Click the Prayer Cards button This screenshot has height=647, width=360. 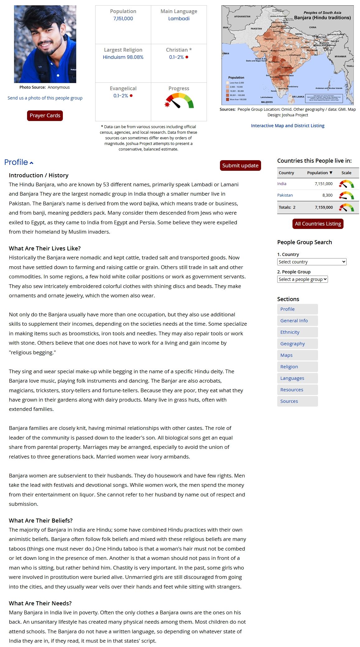point(45,115)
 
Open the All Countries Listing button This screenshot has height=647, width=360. point(318,224)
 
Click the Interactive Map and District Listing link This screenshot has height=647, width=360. point(288,126)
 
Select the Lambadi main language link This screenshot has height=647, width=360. point(179,19)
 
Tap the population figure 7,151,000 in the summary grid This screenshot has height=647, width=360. point(123,19)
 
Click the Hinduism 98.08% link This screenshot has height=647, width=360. point(123,57)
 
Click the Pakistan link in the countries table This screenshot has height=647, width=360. point(285,195)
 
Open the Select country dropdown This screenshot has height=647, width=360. point(311,262)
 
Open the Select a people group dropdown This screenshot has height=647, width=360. point(302,279)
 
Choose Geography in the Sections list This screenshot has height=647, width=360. point(292,344)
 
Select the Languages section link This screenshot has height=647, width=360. point(292,378)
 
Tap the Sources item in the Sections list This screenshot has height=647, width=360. point(289,401)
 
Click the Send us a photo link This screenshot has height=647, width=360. point(45,98)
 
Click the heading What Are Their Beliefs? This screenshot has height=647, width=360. point(41,520)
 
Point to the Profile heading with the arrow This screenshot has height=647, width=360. point(19,162)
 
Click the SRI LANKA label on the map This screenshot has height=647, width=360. point(298,97)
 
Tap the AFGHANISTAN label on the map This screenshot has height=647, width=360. point(242,16)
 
